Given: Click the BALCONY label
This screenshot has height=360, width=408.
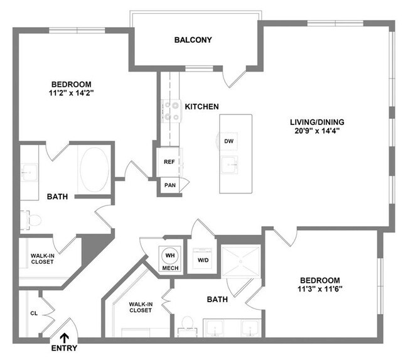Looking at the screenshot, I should [x=193, y=40].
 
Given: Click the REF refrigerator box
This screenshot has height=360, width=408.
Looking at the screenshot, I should [x=169, y=161].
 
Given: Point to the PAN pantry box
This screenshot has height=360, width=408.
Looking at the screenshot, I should [x=169, y=185].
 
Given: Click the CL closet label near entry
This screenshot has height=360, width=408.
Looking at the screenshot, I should [x=35, y=312].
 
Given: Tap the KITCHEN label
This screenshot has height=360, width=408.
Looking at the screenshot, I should [x=201, y=107].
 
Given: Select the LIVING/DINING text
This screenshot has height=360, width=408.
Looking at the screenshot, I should [x=316, y=122].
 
